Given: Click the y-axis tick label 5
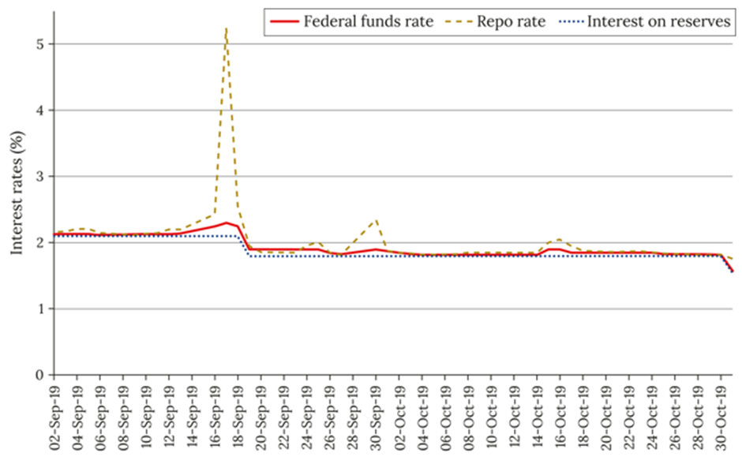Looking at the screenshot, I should pyautogui.click(x=38, y=44).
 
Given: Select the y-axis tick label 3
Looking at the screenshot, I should pyautogui.click(x=38, y=176).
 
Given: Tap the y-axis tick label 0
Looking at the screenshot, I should pyautogui.click(x=38, y=375).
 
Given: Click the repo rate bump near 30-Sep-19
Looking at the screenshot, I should pyautogui.click(x=377, y=221).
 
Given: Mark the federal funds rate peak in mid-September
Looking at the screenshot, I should pyautogui.click(x=227, y=223).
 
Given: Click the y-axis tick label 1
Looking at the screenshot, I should pyautogui.click(x=38, y=309).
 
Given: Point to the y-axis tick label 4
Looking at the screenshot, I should pyautogui.click(x=38, y=110).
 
